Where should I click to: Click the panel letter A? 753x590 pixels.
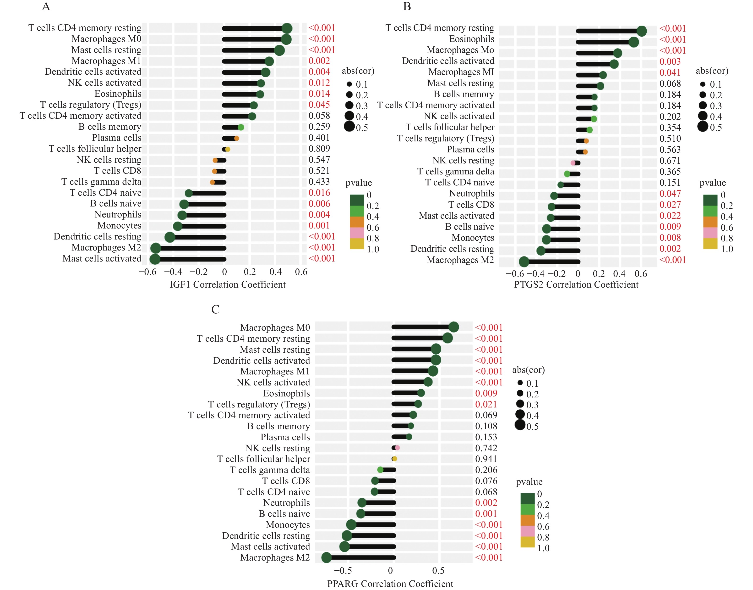tap(46, 6)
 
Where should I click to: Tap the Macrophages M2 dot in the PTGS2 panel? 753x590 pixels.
tap(524, 262)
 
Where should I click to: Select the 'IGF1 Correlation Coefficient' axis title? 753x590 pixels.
tap(227, 285)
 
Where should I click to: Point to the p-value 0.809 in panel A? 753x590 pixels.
tap(319, 149)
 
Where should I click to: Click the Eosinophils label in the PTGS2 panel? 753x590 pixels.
tap(471, 39)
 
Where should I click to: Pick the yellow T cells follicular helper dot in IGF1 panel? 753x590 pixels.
tap(228, 149)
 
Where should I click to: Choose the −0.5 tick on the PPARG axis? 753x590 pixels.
tap(343, 571)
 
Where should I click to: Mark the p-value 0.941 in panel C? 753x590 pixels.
tap(486, 459)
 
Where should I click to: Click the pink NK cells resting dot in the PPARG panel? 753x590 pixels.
tap(397, 448)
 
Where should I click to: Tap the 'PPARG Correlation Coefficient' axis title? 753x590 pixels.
tap(390, 584)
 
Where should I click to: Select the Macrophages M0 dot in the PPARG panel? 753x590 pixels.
tap(453, 327)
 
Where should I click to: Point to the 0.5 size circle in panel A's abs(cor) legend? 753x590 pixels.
tap(349, 127)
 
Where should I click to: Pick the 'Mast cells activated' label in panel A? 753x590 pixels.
tap(102, 259)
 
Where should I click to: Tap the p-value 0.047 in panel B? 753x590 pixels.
tap(670, 194)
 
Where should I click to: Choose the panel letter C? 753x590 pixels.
tap(215, 310)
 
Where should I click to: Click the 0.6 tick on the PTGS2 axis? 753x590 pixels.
tap(640, 274)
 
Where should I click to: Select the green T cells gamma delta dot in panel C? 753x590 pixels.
tap(380, 470)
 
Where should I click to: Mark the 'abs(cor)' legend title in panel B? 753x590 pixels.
tap(712, 71)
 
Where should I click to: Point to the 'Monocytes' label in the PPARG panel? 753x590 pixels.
tap(288, 525)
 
